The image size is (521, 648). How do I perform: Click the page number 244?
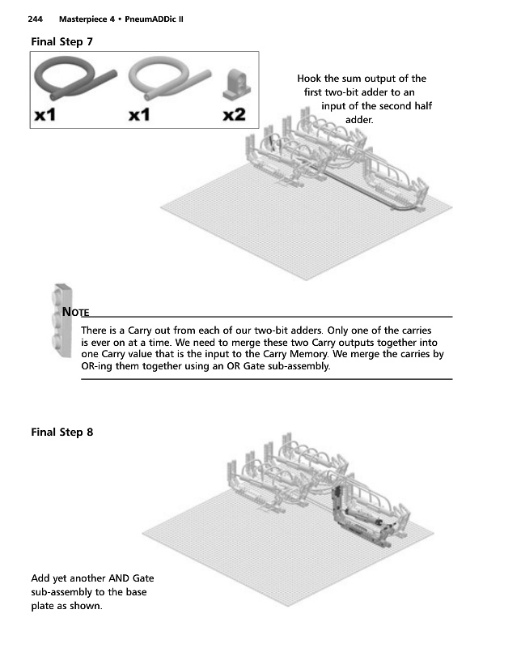tap(35, 19)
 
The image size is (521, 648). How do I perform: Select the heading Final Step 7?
tap(62, 42)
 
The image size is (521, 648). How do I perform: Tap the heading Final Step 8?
tap(62, 433)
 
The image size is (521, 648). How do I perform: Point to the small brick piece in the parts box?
tap(236, 84)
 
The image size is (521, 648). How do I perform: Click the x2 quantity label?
tap(234, 114)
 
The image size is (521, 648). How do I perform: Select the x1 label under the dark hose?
tap(44, 114)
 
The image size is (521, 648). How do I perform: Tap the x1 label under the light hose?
tap(138, 114)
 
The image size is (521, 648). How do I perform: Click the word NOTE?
tap(75, 312)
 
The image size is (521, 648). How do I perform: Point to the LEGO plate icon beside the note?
tap(62, 320)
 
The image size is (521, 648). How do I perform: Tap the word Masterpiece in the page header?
tap(87, 19)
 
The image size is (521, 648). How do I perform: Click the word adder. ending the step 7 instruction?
tap(359, 120)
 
